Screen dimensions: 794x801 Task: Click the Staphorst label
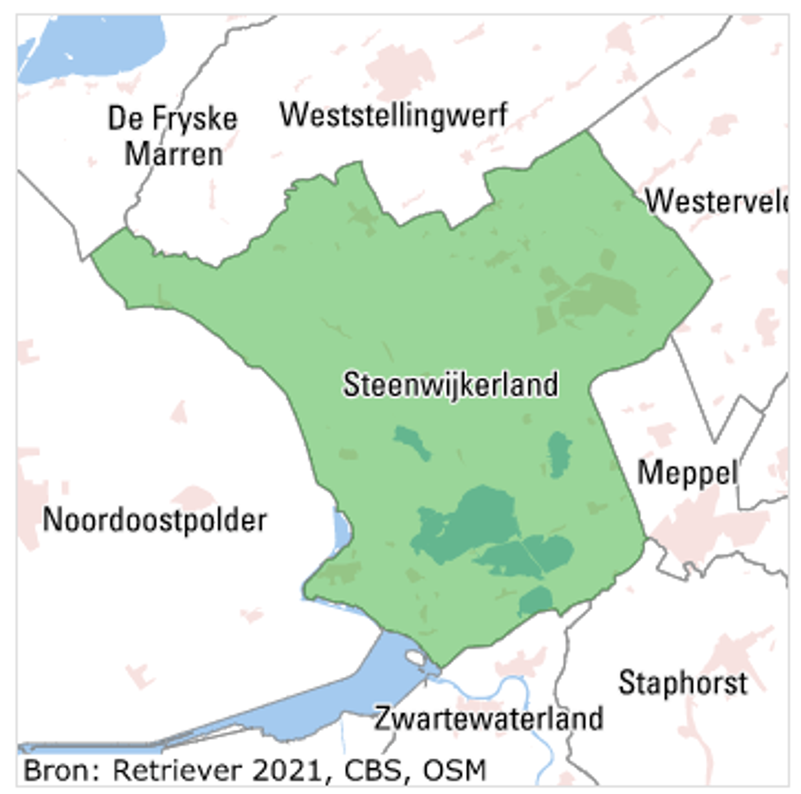pos(683,683)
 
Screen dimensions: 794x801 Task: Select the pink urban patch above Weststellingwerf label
pos(400,68)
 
